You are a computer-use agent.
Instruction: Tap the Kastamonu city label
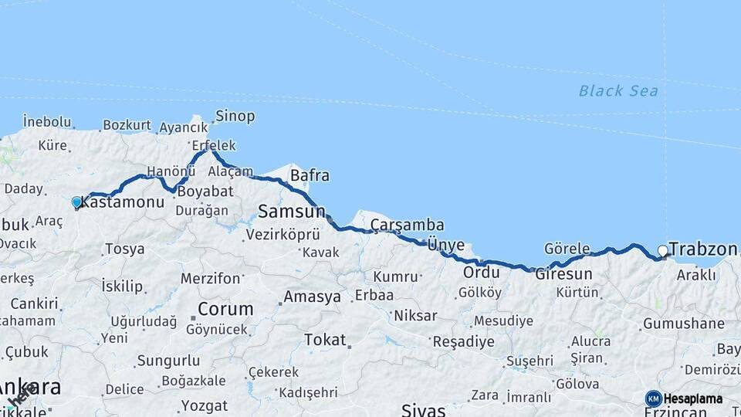tap(123, 202)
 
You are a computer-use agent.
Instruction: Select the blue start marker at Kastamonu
tap(76, 202)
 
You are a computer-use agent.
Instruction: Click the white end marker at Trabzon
tap(662, 250)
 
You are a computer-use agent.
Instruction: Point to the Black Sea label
tap(618, 91)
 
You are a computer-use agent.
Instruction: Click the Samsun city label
tap(291, 211)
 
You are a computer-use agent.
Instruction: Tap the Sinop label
tap(235, 116)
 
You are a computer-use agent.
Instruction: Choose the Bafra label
tap(310, 175)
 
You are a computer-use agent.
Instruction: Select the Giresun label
tap(563, 273)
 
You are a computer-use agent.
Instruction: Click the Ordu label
tap(477, 273)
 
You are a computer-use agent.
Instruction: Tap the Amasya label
tap(312, 297)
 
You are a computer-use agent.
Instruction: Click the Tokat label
tap(325, 339)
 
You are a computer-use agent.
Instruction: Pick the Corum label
tap(225, 309)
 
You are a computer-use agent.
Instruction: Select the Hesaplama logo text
tap(692, 398)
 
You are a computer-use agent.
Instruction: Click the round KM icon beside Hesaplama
tap(653, 398)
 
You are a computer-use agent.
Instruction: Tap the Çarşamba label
tap(407, 224)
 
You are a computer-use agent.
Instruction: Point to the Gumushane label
tap(683, 324)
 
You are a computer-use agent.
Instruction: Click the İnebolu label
tap(47, 121)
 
